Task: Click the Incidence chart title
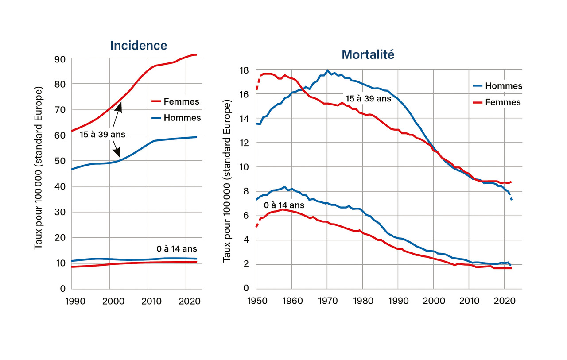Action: tap(139, 45)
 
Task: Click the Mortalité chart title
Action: tap(368, 54)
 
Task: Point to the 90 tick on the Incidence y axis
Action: tap(60, 59)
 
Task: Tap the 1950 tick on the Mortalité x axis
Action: tap(256, 301)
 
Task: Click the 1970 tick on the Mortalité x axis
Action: tap(327, 301)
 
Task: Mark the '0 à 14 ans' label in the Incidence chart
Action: tap(177, 249)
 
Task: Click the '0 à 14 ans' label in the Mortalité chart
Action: tap(283, 205)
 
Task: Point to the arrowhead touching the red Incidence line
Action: tap(120, 105)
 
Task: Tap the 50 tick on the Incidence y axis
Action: tap(60, 161)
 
